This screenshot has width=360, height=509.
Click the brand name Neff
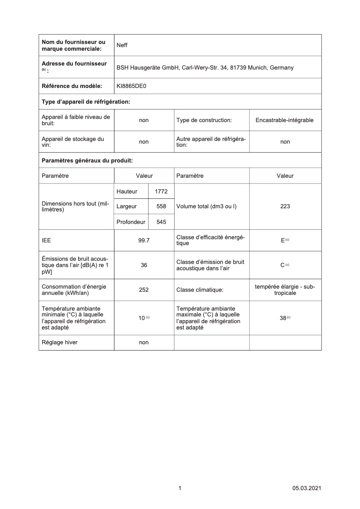click(122, 45)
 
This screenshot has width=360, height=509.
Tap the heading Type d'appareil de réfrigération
click(86, 102)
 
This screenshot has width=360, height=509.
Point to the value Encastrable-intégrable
click(285, 120)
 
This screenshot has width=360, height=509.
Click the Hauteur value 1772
click(161, 192)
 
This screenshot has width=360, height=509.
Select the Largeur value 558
click(161, 206)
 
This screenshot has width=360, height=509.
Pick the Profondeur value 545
click(161, 222)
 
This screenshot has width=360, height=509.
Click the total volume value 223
click(285, 206)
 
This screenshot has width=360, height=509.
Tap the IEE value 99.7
click(144, 241)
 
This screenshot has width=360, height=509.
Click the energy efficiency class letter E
click(283, 241)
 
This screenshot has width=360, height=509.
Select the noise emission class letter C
click(282, 265)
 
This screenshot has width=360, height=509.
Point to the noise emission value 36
click(144, 265)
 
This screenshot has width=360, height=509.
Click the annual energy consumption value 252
click(144, 290)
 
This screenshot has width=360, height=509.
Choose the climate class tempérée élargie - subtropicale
click(285, 290)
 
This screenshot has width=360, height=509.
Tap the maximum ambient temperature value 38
click(283, 318)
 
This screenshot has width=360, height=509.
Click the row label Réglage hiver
click(59, 342)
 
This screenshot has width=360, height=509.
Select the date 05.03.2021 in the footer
click(307, 488)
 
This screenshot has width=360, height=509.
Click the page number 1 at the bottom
click(180, 488)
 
